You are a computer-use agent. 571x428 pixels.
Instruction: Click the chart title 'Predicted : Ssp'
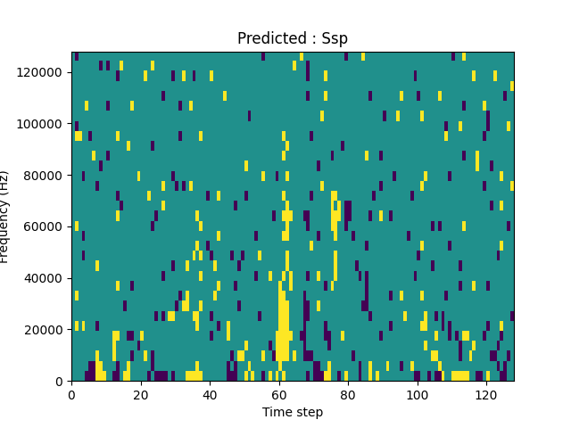[x=293, y=38]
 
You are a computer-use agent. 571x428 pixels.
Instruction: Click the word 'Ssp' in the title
[x=335, y=38]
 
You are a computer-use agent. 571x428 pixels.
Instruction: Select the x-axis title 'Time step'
[x=293, y=412]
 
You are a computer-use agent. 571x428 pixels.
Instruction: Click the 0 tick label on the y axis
[x=61, y=382]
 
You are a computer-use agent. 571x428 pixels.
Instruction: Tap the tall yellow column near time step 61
[x=283, y=321]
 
